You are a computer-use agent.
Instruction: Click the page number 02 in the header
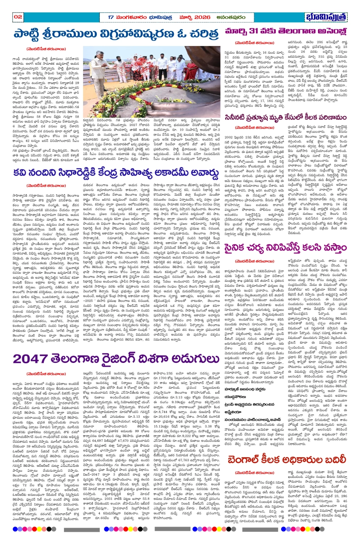(18, 17)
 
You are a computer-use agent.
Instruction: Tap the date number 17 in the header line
(111, 17)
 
